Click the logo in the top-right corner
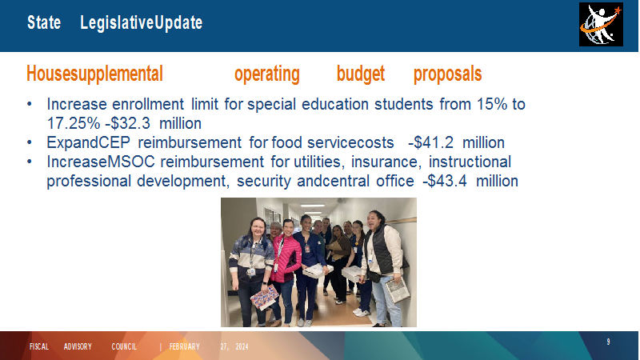click(601, 25)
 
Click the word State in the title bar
click(44, 22)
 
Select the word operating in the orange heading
click(267, 74)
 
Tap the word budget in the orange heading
click(361, 74)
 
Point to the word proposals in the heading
click(448, 74)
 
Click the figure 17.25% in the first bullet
click(73, 123)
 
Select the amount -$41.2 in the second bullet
click(430, 142)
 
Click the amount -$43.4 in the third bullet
click(445, 181)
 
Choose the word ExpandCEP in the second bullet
click(88, 143)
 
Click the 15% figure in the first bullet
click(492, 104)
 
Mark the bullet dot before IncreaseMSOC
click(30, 162)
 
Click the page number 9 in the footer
click(608, 342)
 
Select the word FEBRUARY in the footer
click(185, 346)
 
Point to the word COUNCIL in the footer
click(124, 346)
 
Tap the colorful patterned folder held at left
click(264, 298)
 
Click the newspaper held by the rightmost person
click(397, 290)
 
